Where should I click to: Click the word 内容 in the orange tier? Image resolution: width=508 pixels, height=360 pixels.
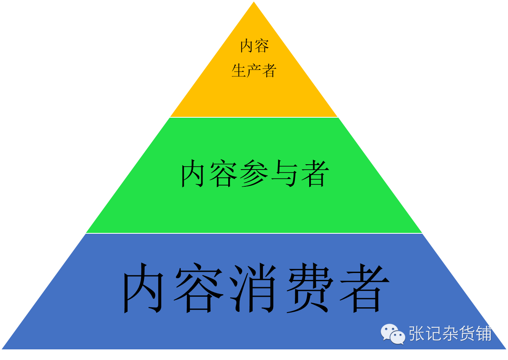coord(254,46)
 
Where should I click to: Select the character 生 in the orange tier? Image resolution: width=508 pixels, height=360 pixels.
coord(239,71)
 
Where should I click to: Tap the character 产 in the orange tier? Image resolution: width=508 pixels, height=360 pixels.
coord(254,71)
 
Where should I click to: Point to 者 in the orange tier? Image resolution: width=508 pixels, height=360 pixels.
coord(269,71)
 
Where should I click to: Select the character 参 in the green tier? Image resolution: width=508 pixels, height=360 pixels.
coord(254,174)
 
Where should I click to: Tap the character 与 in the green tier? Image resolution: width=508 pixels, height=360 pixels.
coord(284,174)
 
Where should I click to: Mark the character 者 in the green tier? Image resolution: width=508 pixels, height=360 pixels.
coord(314,174)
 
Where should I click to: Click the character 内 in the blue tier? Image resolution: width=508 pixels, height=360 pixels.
coord(146,288)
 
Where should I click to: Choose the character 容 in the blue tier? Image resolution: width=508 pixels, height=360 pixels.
coord(200,288)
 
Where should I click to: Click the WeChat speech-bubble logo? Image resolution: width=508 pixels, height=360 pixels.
coord(393,334)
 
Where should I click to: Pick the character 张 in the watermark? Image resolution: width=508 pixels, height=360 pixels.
coord(417,333)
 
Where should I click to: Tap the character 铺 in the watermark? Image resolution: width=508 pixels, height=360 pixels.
coord(484,333)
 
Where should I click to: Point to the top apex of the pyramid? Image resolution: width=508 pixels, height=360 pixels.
coord(254,2)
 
